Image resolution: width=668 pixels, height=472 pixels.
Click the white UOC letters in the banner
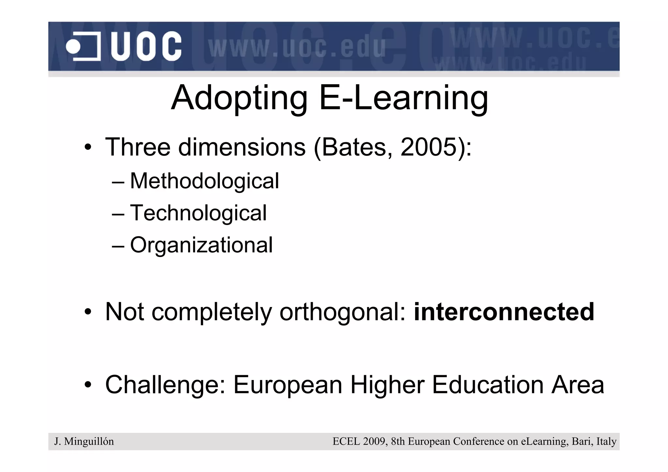[x=146, y=46]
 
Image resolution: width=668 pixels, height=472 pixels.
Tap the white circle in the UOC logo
[x=73, y=47]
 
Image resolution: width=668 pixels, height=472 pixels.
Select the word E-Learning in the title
[x=403, y=98]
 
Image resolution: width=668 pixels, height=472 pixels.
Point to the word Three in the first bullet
[x=138, y=147]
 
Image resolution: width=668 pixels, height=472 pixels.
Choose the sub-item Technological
[x=198, y=213]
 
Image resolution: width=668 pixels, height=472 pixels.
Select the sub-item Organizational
[x=201, y=245]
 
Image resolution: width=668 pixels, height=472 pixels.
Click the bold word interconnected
[x=504, y=312]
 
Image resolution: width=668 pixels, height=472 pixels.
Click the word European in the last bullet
[x=288, y=385]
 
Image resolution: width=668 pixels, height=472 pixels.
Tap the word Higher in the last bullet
[x=387, y=385]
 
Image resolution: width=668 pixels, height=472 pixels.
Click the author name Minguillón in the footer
[x=89, y=442]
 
